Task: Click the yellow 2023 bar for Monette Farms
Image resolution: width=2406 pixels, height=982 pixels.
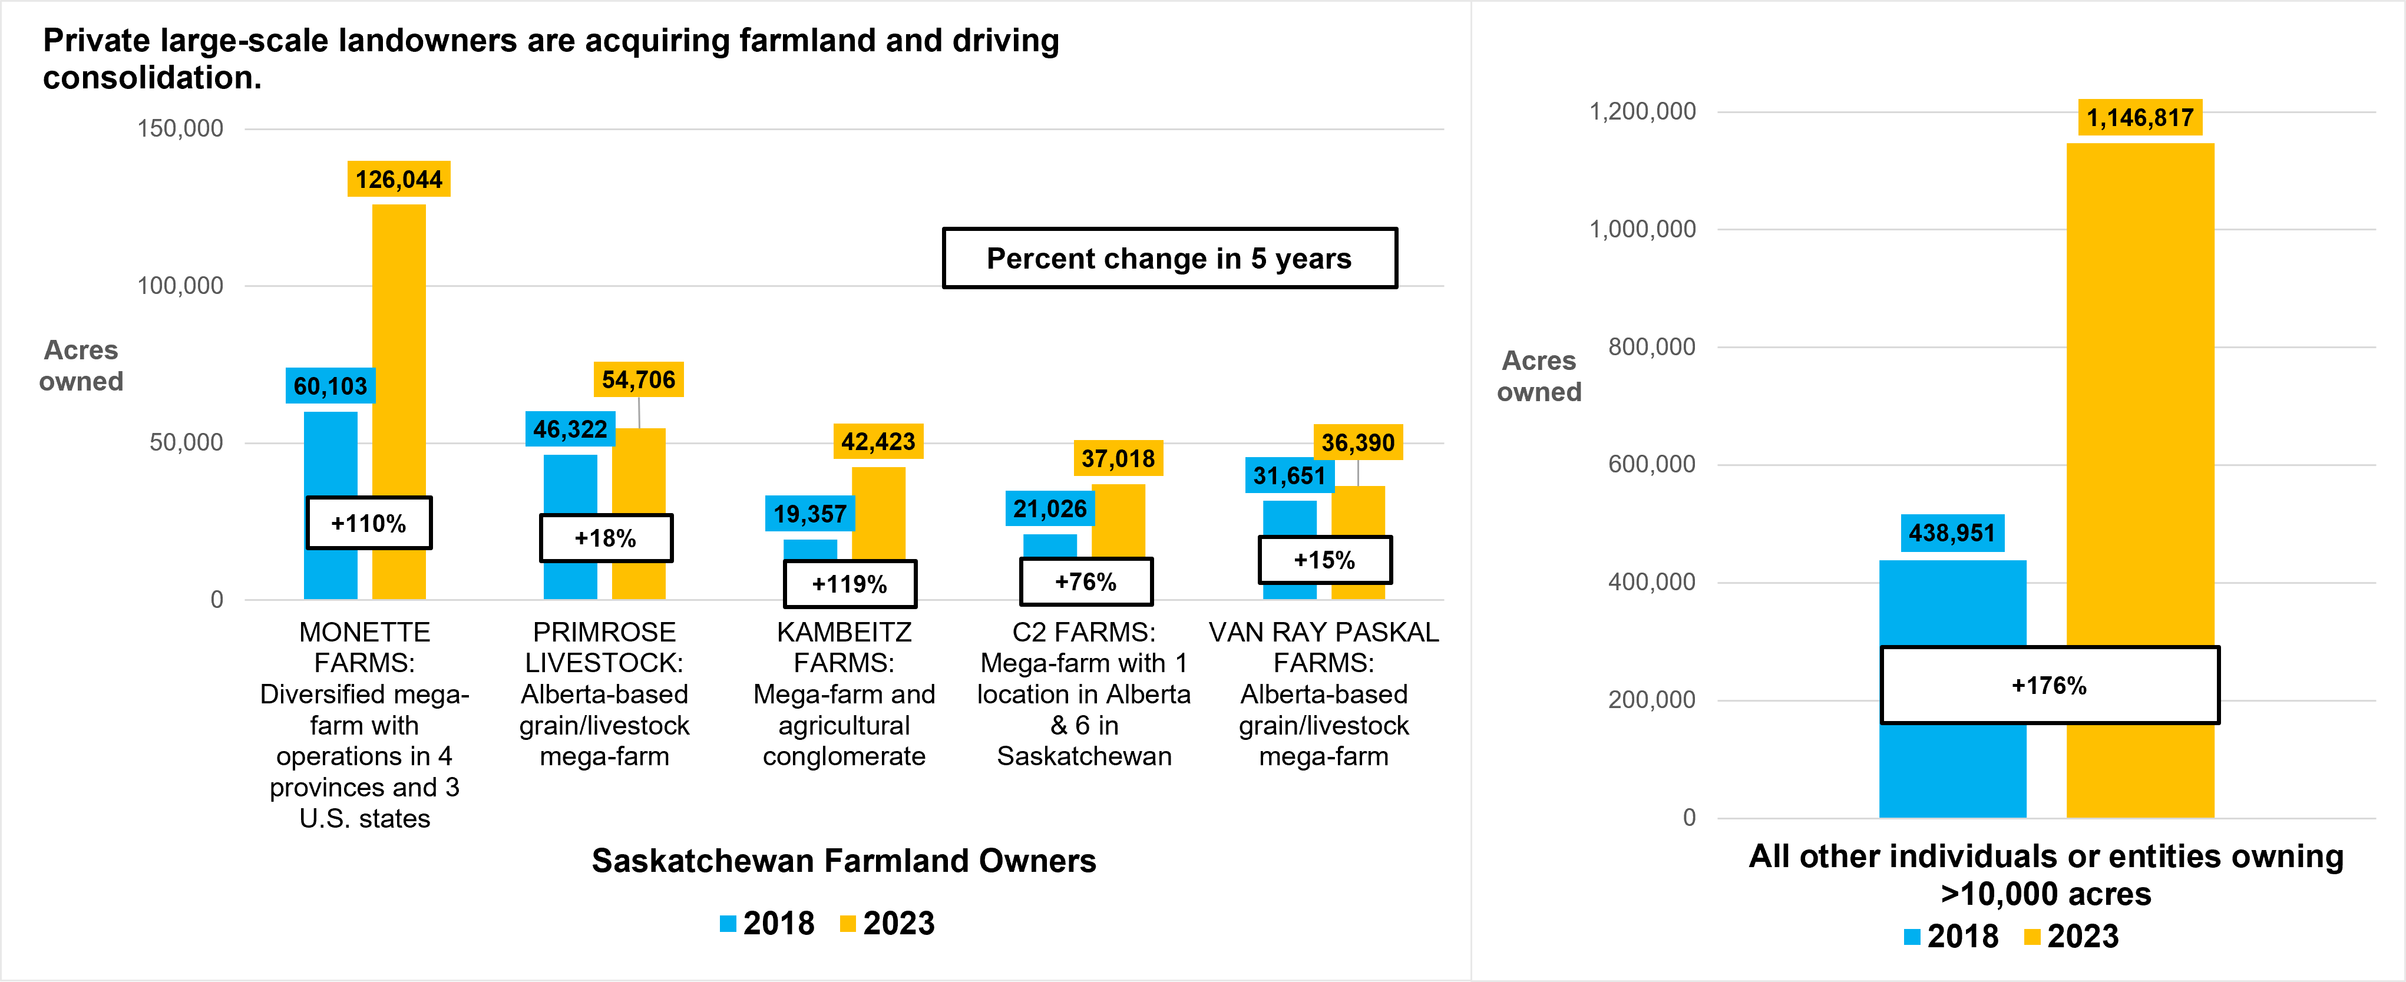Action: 399,355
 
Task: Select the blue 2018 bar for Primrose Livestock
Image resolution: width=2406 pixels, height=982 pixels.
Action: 570,486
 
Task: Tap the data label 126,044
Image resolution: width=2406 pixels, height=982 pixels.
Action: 399,180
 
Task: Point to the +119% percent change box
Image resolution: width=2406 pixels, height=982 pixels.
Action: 849,584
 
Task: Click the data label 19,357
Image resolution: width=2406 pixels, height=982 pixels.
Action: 809,514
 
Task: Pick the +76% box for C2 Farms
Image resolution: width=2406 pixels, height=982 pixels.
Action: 1085,582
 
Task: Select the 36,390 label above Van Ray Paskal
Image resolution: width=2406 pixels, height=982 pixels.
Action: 1357,443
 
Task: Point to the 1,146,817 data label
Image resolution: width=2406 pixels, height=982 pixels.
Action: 2139,118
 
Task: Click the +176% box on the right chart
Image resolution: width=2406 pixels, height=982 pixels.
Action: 2049,685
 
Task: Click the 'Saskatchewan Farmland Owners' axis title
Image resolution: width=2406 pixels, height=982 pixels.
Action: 844,861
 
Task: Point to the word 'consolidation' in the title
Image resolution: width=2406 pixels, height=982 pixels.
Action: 147,78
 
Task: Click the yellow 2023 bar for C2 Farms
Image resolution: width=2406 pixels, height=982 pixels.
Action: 1118,523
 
